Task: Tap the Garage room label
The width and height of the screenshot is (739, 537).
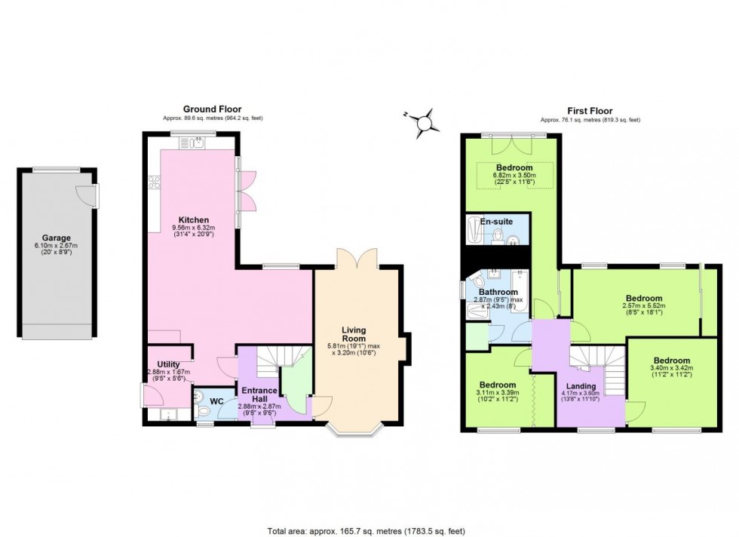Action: [57, 238]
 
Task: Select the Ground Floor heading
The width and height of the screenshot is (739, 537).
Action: [213, 109]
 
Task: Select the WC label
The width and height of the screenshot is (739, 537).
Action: [216, 400]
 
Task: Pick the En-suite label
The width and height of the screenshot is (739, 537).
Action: [497, 222]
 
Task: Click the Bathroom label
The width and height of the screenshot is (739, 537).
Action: [497, 292]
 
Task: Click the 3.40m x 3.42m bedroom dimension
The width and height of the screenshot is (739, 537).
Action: [671, 370]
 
